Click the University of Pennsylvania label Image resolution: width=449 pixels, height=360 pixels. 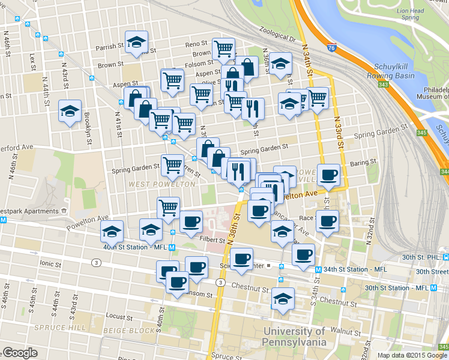294,337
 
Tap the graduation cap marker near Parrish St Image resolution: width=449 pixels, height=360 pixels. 137,42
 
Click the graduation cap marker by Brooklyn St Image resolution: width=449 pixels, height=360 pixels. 70,111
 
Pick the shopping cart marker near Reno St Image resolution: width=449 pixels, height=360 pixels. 223,48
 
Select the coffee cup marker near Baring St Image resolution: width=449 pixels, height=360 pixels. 328,175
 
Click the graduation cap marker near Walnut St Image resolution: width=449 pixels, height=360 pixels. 282,298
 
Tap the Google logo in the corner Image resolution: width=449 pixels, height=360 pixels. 20,353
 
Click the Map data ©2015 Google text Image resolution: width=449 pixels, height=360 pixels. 412,355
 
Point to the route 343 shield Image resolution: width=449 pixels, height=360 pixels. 384,84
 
